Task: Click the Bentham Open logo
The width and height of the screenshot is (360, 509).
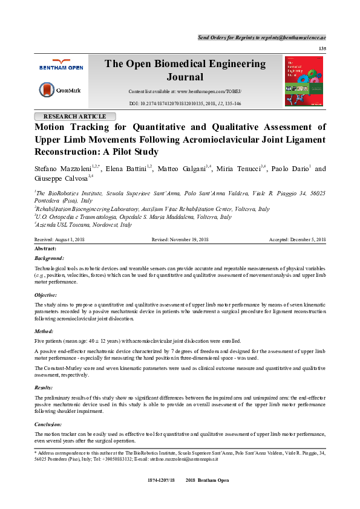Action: click(62, 65)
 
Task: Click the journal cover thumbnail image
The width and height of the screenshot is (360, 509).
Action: click(304, 82)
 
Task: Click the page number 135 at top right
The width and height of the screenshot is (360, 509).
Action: click(322, 48)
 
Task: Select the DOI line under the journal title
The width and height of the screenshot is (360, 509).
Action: click(185, 104)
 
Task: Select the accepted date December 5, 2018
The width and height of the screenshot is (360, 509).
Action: click(298, 240)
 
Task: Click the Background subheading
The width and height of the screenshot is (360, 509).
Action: click(49, 258)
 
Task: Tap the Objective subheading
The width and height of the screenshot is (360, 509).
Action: click(46, 295)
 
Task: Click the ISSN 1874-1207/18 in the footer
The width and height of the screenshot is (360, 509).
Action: click(160, 496)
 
